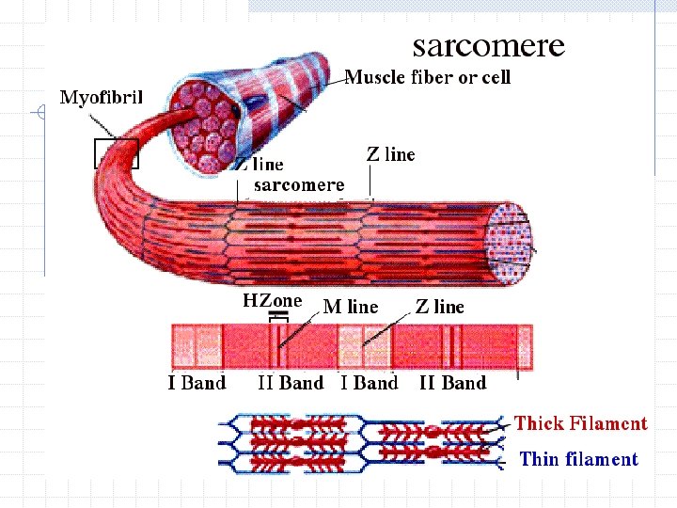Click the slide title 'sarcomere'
point(489,45)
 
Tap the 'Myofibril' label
point(101,98)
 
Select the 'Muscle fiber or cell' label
point(428,77)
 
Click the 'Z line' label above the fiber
point(390,154)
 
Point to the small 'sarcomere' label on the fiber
point(299,184)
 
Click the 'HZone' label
point(273,301)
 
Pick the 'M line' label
point(351,307)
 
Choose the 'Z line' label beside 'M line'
point(440,307)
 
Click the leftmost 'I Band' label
point(197,383)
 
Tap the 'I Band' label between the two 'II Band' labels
point(369,383)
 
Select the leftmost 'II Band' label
point(291,383)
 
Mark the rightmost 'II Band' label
point(452,383)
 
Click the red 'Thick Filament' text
point(580,423)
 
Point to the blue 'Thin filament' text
point(578,459)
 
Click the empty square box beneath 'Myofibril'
point(116,153)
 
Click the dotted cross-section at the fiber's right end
point(509,241)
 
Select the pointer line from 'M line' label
point(304,329)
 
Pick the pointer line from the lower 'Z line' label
point(390,327)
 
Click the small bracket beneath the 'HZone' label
point(276,316)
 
